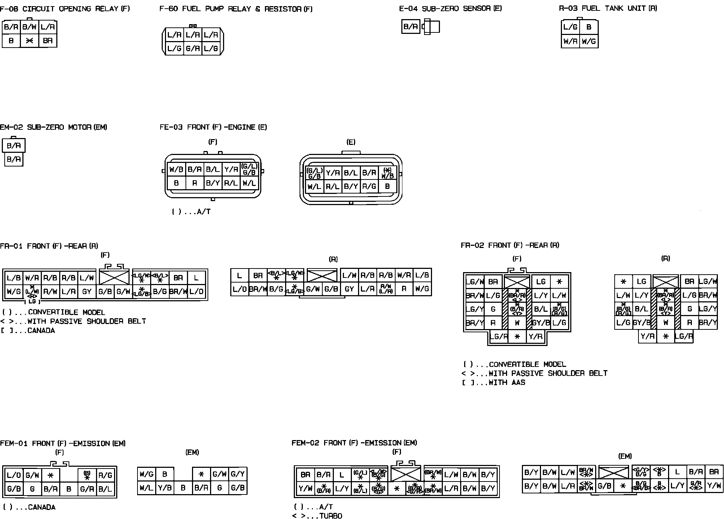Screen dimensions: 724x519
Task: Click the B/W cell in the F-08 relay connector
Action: point(30,27)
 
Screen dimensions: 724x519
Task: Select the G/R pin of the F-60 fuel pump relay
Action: point(193,48)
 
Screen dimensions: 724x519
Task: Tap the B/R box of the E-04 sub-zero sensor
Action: point(410,27)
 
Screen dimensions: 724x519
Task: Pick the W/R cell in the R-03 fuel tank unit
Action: point(570,41)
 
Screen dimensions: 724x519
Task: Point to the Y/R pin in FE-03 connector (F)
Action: point(231,169)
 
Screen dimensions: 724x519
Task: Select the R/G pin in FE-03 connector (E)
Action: point(369,187)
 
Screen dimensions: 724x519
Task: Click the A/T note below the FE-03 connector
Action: point(191,212)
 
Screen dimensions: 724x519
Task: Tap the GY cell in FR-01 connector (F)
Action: point(87,292)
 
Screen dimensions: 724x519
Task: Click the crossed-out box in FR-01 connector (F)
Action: point(114,277)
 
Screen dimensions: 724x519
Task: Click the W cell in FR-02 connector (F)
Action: point(517,323)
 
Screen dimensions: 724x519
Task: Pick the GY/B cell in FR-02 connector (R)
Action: point(641,323)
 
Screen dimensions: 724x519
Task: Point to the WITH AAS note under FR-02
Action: point(507,382)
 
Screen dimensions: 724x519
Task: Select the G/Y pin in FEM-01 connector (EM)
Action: point(237,474)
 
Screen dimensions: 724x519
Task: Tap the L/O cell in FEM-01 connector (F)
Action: point(14,475)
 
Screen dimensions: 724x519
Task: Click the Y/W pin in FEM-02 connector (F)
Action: point(305,489)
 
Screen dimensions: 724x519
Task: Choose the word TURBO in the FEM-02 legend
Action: point(331,516)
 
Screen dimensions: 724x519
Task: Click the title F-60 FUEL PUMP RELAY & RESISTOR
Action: point(236,9)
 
